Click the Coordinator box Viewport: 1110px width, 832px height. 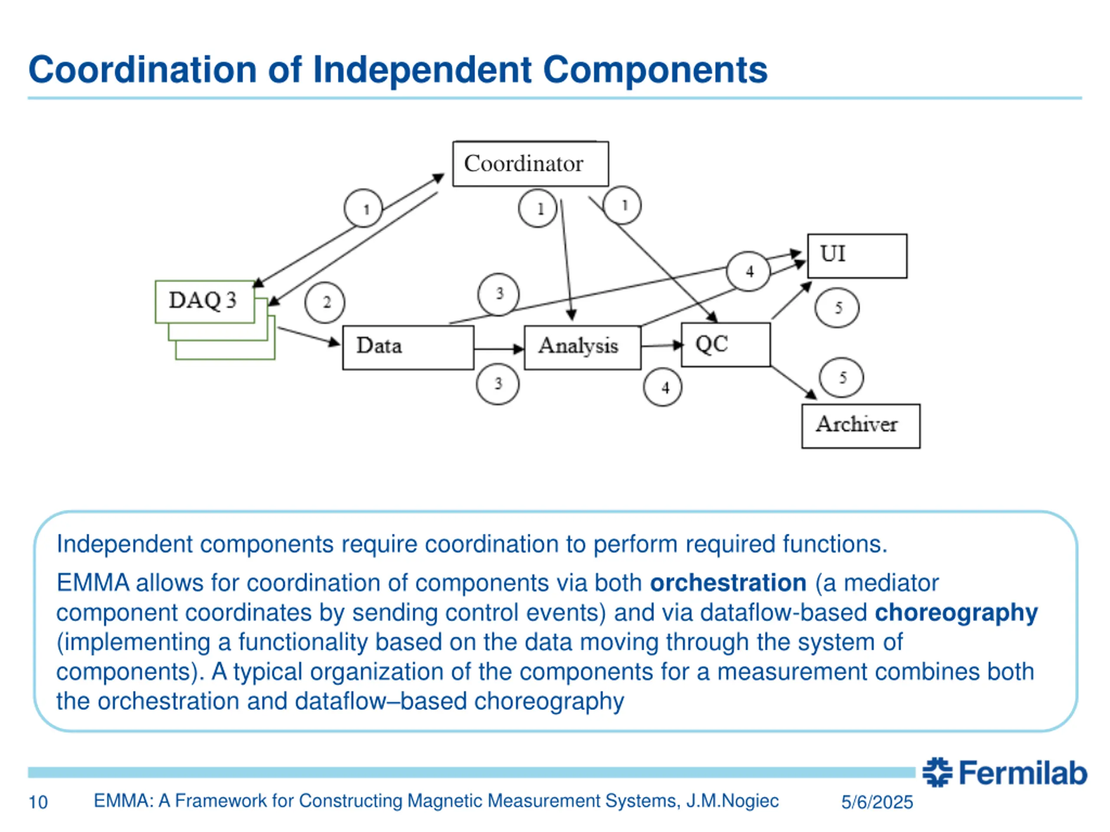click(x=530, y=164)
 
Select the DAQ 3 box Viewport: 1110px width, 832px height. click(x=205, y=302)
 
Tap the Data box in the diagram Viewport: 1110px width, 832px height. click(x=408, y=348)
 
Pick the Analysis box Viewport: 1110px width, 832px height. click(x=582, y=348)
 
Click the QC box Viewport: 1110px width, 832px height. click(x=725, y=345)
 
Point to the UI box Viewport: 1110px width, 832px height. click(x=857, y=256)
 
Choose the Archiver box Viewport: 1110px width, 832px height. click(x=860, y=426)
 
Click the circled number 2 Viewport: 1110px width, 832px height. click(x=325, y=303)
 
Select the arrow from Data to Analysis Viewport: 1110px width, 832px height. click(x=498, y=349)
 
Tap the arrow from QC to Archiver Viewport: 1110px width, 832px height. click(x=793, y=383)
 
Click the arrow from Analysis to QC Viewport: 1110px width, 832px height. click(x=661, y=345)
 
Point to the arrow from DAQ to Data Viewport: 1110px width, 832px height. click(x=308, y=336)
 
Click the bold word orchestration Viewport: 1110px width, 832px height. click(x=728, y=583)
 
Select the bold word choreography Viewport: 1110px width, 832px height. click(x=956, y=613)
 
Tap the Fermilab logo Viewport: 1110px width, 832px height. click(x=1005, y=772)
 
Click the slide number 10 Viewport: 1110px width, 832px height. click(x=38, y=803)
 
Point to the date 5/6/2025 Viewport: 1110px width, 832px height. click(x=877, y=803)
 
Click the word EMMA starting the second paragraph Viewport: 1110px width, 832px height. click(x=93, y=583)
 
